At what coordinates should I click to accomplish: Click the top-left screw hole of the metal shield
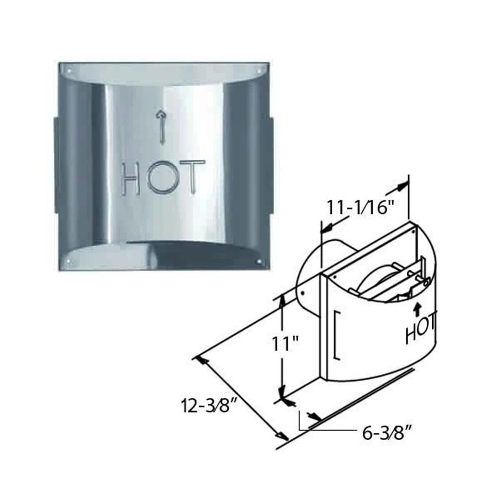point(69,71)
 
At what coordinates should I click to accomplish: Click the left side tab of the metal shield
point(56,166)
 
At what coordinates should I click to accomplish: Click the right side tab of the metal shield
point(271,166)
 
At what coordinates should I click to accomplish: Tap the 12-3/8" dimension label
point(208,406)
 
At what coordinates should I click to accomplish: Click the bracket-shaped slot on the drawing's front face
point(337,335)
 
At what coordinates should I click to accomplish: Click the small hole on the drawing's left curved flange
point(303,292)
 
